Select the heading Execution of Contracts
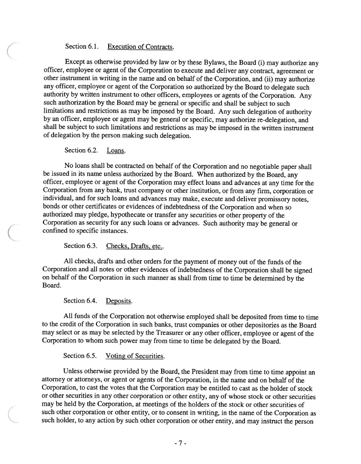point(140,47)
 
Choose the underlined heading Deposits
point(119,301)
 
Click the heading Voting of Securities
point(135,355)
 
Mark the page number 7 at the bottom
point(180,444)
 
